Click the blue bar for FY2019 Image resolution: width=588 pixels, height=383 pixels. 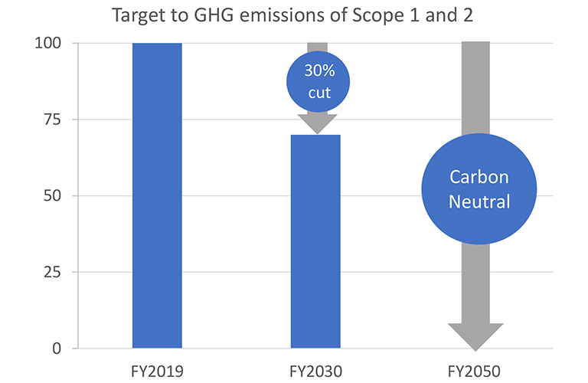pos(157,195)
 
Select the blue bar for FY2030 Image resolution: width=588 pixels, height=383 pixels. pos(315,241)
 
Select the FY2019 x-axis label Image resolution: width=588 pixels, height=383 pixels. pos(157,372)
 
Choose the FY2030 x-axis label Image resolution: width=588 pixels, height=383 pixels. pos(315,372)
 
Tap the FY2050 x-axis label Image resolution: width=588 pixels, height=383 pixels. pos(475,372)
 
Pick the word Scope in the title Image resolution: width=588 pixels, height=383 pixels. pos(367,15)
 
